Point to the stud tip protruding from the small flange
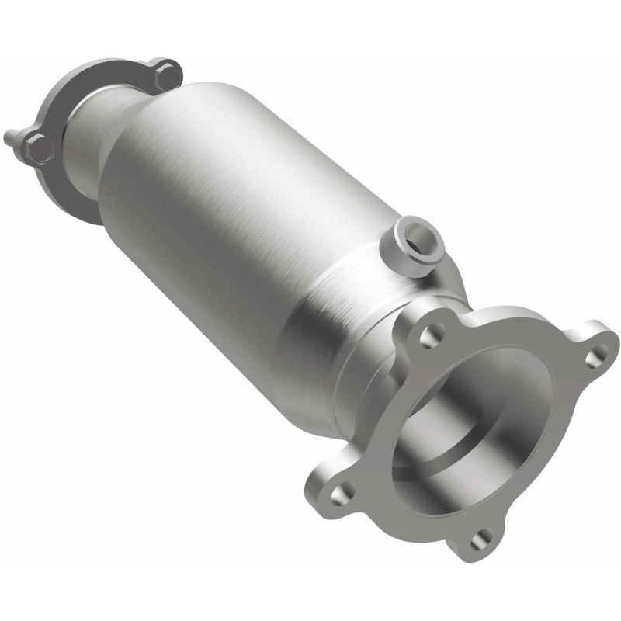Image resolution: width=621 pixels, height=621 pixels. [9, 137]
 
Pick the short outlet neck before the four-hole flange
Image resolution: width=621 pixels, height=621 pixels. [365, 380]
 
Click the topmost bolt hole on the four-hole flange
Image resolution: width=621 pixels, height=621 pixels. [429, 335]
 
